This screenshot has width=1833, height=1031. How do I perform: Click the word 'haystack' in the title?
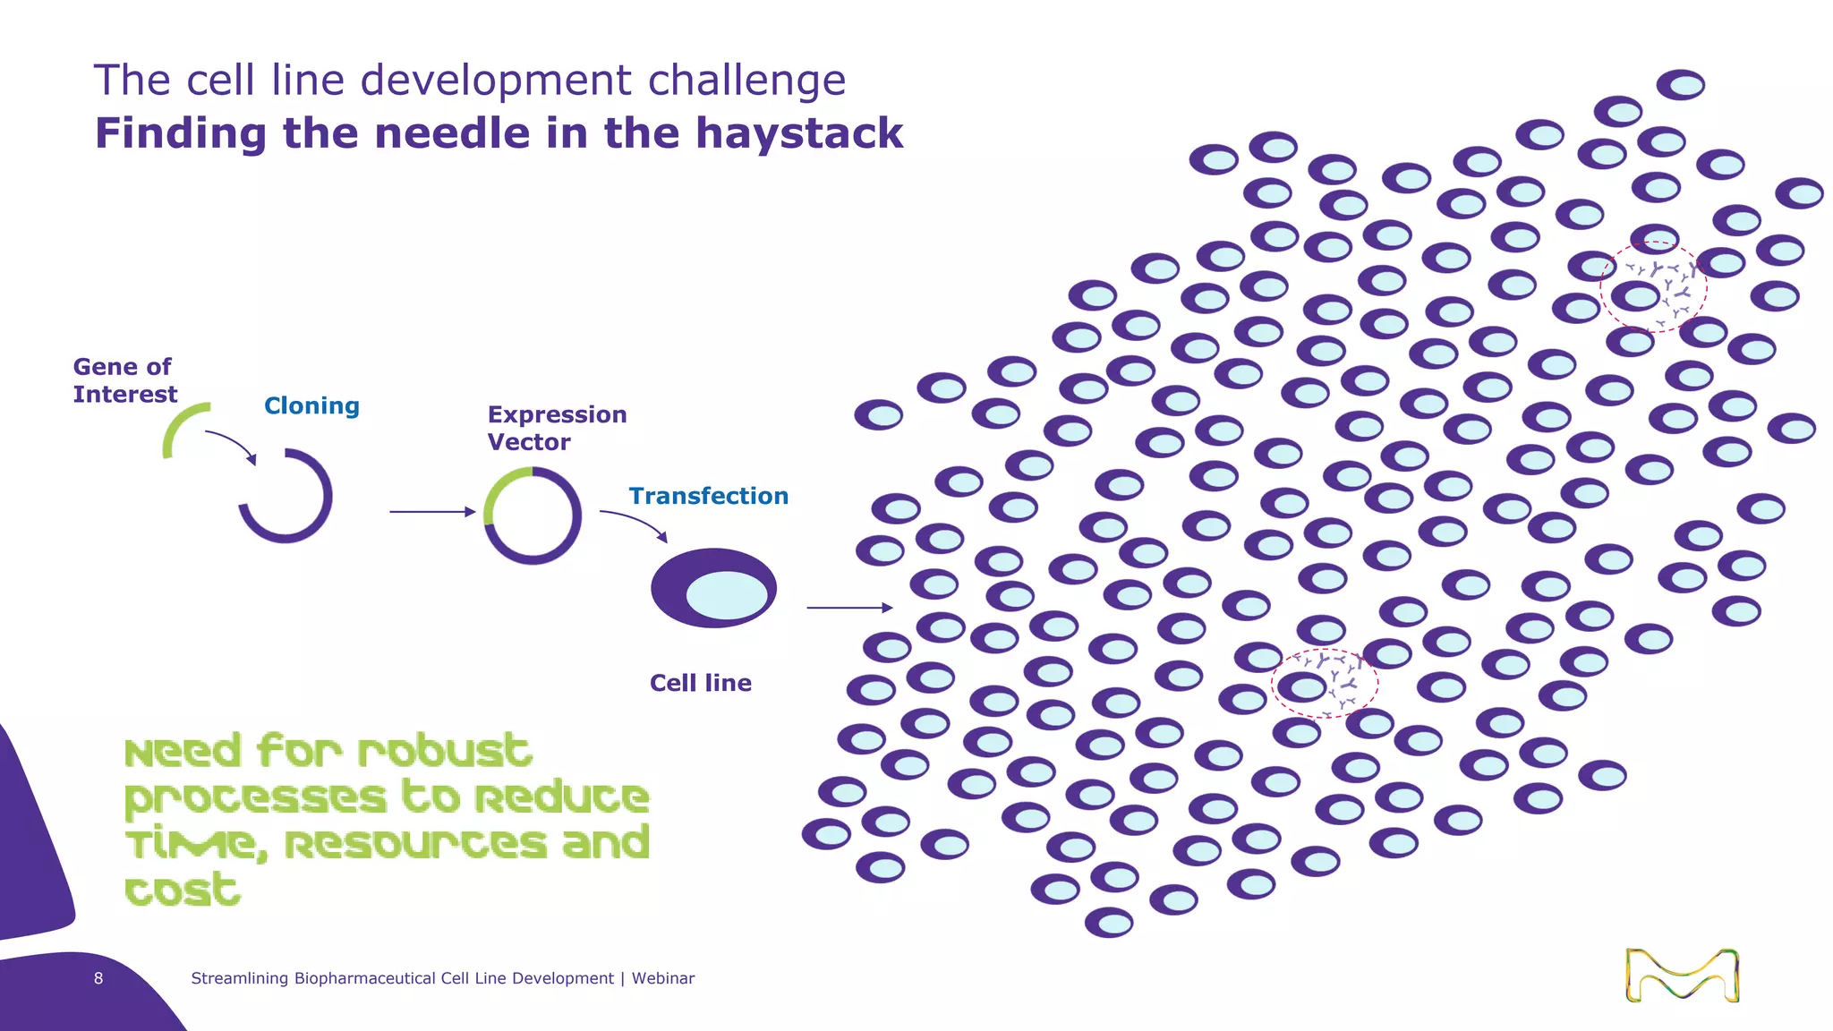coord(799,134)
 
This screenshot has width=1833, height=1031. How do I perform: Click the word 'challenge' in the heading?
coord(746,81)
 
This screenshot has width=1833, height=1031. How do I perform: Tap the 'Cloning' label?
coord(311,406)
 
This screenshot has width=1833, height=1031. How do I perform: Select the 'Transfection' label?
coord(708,497)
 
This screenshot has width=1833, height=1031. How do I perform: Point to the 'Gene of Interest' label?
coord(124,381)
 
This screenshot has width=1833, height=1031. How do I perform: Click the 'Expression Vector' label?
coord(557,429)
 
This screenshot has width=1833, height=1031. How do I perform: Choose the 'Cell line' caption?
coord(700,684)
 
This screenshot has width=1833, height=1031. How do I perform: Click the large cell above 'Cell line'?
coord(713,588)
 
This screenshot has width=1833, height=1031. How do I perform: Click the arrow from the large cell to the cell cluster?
coord(849,608)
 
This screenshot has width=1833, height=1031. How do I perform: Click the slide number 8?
coord(98,979)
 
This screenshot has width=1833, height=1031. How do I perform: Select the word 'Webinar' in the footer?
coord(662,979)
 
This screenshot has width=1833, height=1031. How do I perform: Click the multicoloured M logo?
coord(1682,976)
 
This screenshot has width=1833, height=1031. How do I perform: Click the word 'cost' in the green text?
coord(183,890)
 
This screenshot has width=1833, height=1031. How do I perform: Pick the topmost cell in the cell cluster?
coord(1680,85)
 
